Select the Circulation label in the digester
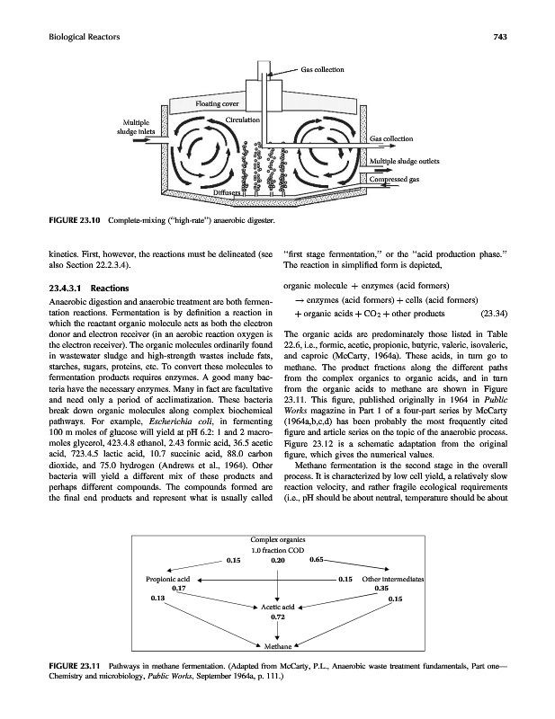[243, 120]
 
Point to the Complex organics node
[278, 513]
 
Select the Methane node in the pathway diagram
[278, 646]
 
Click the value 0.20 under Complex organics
[279, 536]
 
